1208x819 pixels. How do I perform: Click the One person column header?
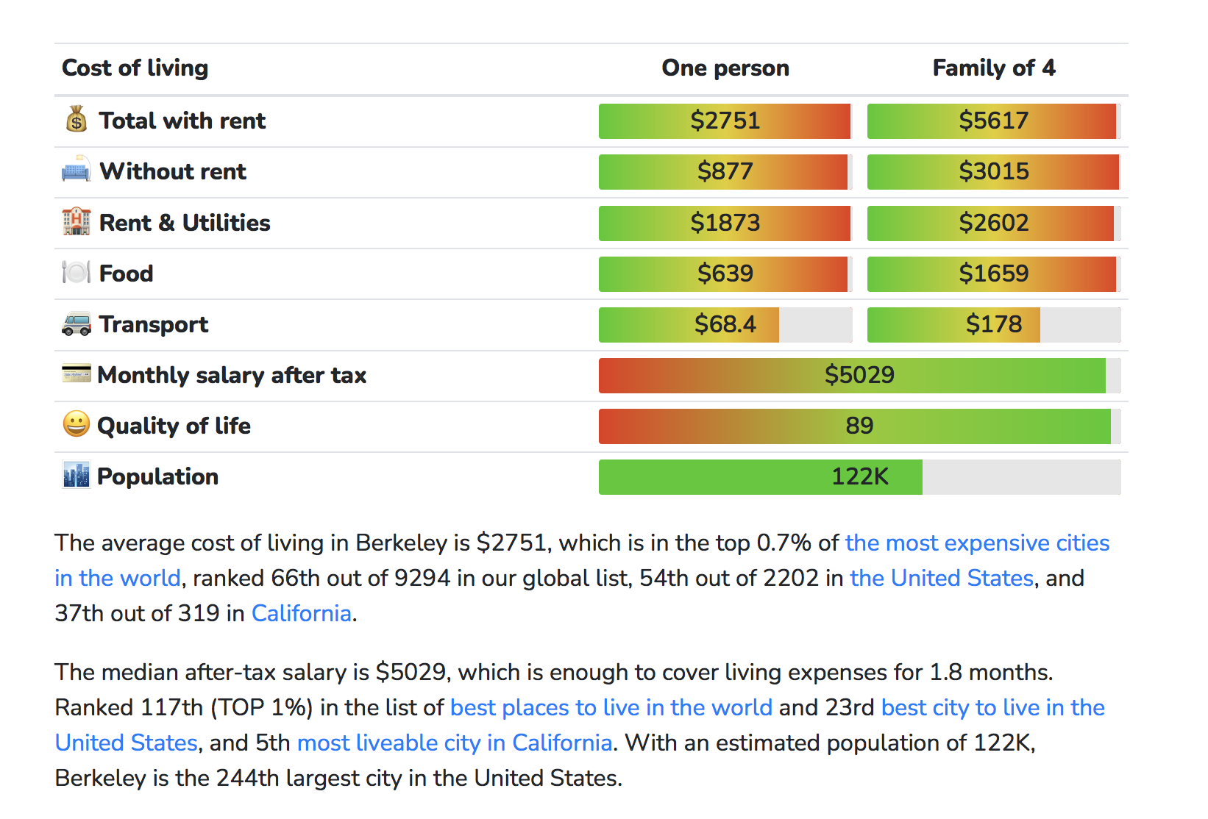(x=725, y=68)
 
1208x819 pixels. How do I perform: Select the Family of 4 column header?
(x=993, y=68)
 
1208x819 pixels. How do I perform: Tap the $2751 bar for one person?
(x=725, y=121)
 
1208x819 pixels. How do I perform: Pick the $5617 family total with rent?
(x=993, y=121)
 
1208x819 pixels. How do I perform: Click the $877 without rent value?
(x=725, y=171)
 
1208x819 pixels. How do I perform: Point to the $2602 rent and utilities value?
(x=993, y=223)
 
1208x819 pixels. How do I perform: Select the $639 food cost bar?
(x=725, y=273)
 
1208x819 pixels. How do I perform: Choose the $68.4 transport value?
(x=725, y=324)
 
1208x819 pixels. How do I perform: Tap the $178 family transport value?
(x=993, y=324)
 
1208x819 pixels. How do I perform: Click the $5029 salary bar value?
(x=859, y=375)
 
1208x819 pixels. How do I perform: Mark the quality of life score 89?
(x=859, y=426)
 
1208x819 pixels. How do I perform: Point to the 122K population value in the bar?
(x=859, y=477)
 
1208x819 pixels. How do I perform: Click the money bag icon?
(x=77, y=119)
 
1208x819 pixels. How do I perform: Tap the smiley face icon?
(x=76, y=424)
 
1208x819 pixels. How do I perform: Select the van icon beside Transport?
(x=77, y=323)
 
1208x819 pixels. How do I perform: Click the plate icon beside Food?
(x=77, y=272)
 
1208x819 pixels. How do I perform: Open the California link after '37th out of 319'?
(x=302, y=614)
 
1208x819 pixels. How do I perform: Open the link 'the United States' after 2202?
(x=942, y=579)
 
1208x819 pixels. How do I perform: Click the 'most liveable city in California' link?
(x=455, y=743)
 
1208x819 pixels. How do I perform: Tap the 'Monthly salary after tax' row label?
(x=232, y=376)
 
